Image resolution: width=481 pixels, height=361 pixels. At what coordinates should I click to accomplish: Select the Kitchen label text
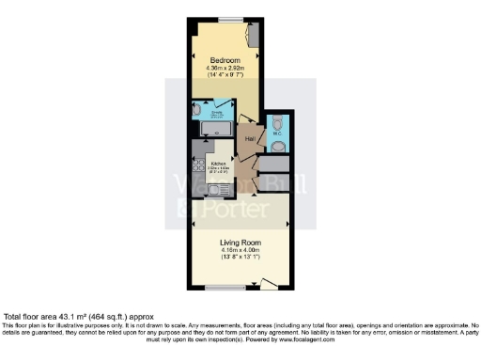pyautogui.click(x=219, y=163)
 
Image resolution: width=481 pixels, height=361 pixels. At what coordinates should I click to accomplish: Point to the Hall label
pyautogui.click(x=250, y=139)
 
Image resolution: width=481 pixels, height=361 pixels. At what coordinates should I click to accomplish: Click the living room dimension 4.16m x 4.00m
pyautogui.click(x=240, y=250)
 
